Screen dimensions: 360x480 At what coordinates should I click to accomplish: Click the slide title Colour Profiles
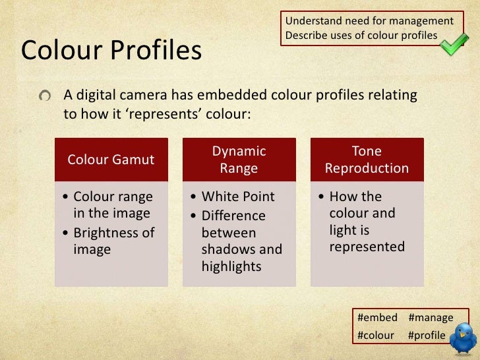(x=111, y=50)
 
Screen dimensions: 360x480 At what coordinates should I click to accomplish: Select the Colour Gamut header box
(x=111, y=159)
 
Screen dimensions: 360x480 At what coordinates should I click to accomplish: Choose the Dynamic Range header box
(x=239, y=159)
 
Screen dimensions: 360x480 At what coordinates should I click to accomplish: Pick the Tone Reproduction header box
(x=367, y=159)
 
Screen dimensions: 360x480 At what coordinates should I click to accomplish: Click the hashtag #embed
(x=377, y=318)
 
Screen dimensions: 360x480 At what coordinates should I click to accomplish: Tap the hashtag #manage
(x=431, y=318)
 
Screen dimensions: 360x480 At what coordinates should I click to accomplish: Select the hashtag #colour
(x=375, y=335)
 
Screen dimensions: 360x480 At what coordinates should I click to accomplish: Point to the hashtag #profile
(x=427, y=335)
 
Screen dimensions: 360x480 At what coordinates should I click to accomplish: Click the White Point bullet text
(x=238, y=196)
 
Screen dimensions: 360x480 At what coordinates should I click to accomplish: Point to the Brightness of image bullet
(x=113, y=241)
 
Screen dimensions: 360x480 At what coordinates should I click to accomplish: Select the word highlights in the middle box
(x=231, y=266)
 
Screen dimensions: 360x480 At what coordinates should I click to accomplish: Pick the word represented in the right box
(x=367, y=247)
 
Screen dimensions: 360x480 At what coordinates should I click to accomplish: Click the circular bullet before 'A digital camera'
(x=44, y=96)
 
